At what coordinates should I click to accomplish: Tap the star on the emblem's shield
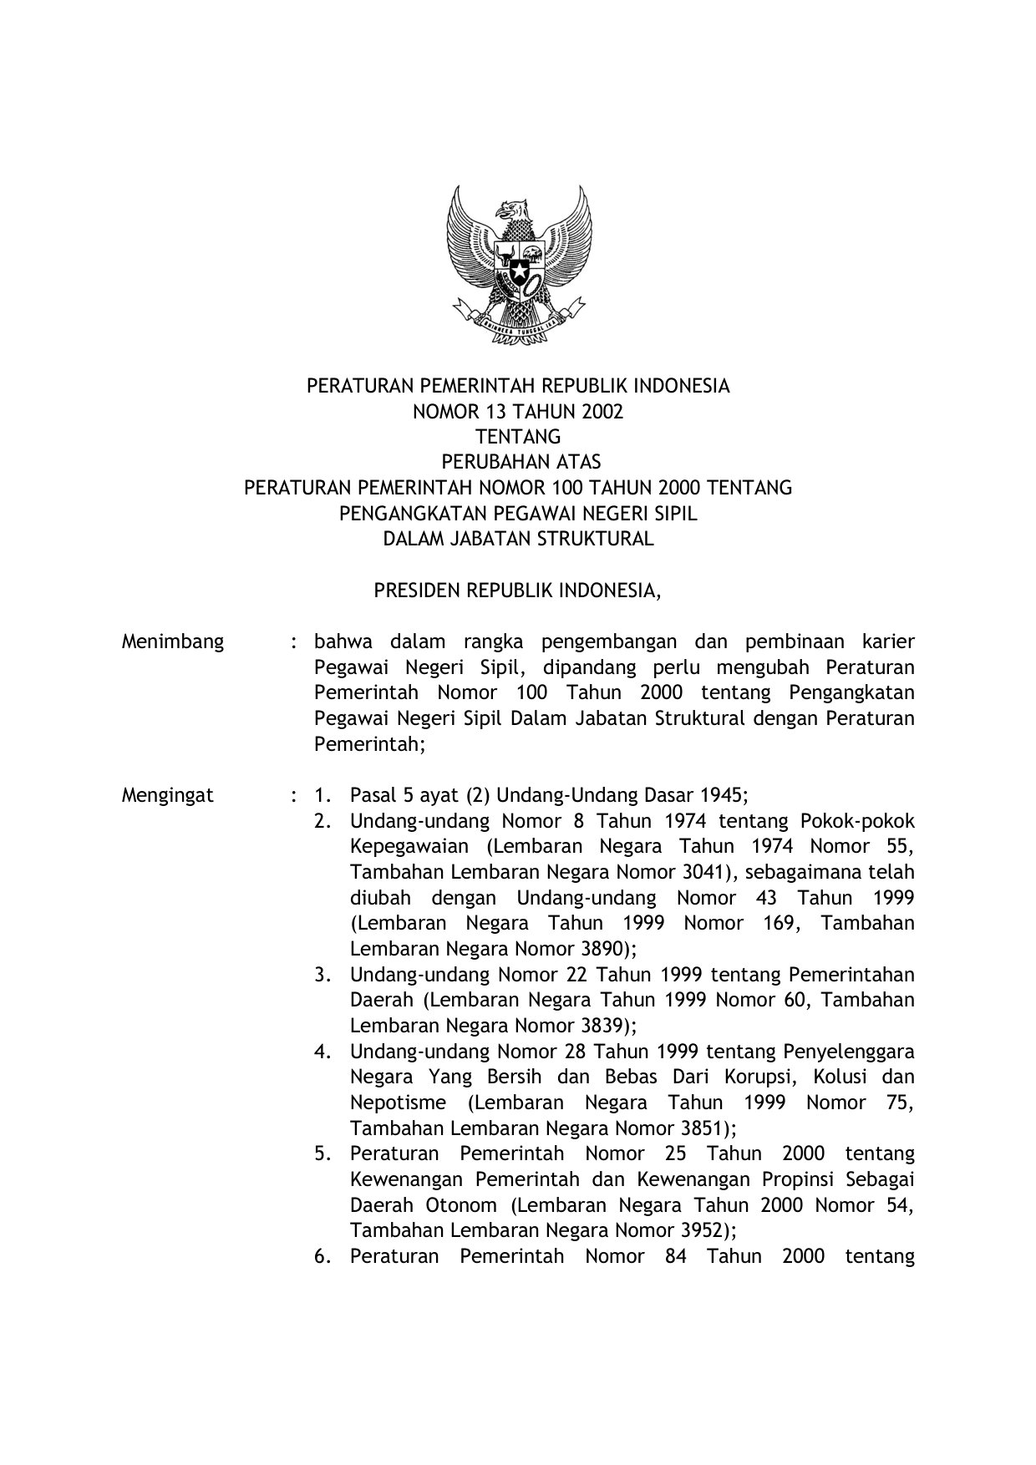point(518,269)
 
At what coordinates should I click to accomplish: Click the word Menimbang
point(173,641)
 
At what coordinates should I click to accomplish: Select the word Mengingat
point(168,795)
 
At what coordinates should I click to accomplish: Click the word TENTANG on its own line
point(518,437)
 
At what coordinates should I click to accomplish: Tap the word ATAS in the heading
point(579,462)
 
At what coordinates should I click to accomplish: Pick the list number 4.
point(322,1052)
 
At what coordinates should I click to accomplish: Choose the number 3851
point(703,1128)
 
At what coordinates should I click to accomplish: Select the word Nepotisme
point(398,1103)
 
